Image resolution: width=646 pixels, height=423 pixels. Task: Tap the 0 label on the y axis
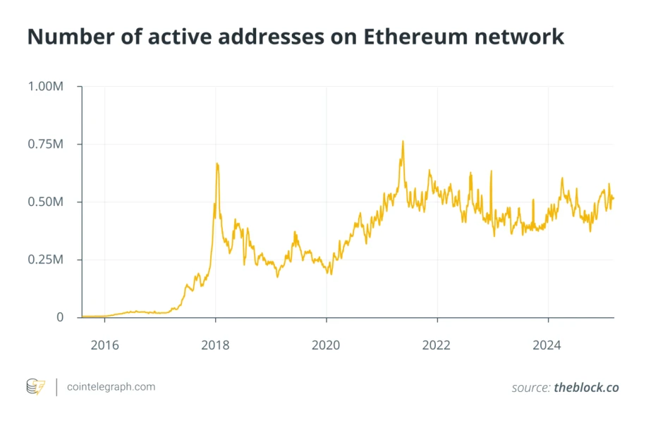(x=61, y=318)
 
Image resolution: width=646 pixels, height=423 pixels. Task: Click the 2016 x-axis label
(x=104, y=345)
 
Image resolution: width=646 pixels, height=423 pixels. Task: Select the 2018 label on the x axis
(x=215, y=345)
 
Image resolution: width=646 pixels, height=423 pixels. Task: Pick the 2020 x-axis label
(x=326, y=345)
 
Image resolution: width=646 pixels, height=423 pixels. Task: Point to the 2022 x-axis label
(x=437, y=345)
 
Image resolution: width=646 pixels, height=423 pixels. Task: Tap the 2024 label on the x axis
(x=547, y=345)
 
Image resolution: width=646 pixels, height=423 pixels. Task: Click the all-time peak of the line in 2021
(x=403, y=141)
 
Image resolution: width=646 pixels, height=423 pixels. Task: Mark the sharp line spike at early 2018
(x=217, y=164)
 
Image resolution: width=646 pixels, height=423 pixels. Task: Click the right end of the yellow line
(x=613, y=198)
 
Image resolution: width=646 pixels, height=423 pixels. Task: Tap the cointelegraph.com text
(x=111, y=387)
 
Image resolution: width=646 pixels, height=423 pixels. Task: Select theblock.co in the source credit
(x=586, y=388)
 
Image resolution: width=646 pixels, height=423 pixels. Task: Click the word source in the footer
(x=530, y=388)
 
